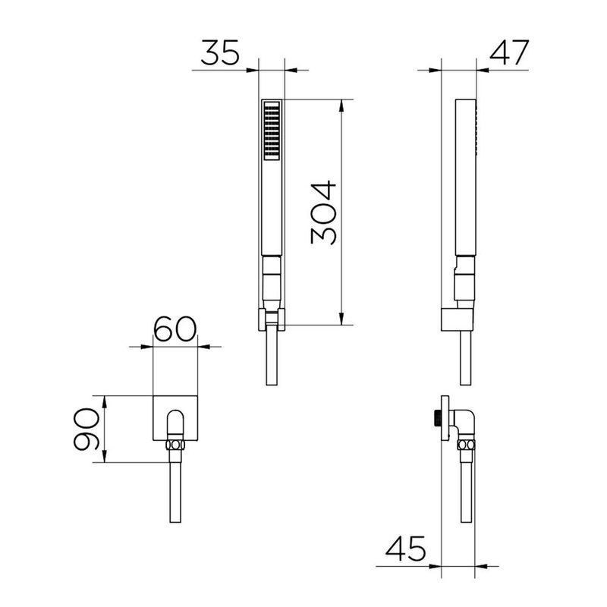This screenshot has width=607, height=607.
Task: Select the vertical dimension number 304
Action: click(x=324, y=212)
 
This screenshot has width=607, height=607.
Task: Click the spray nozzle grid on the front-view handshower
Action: click(x=271, y=131)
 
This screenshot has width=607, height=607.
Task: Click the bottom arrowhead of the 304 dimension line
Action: click(x=344, y=319)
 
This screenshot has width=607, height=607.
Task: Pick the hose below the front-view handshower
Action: click(x=271, y=360)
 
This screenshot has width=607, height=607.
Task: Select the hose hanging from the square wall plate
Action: click(x=175, y=489)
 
